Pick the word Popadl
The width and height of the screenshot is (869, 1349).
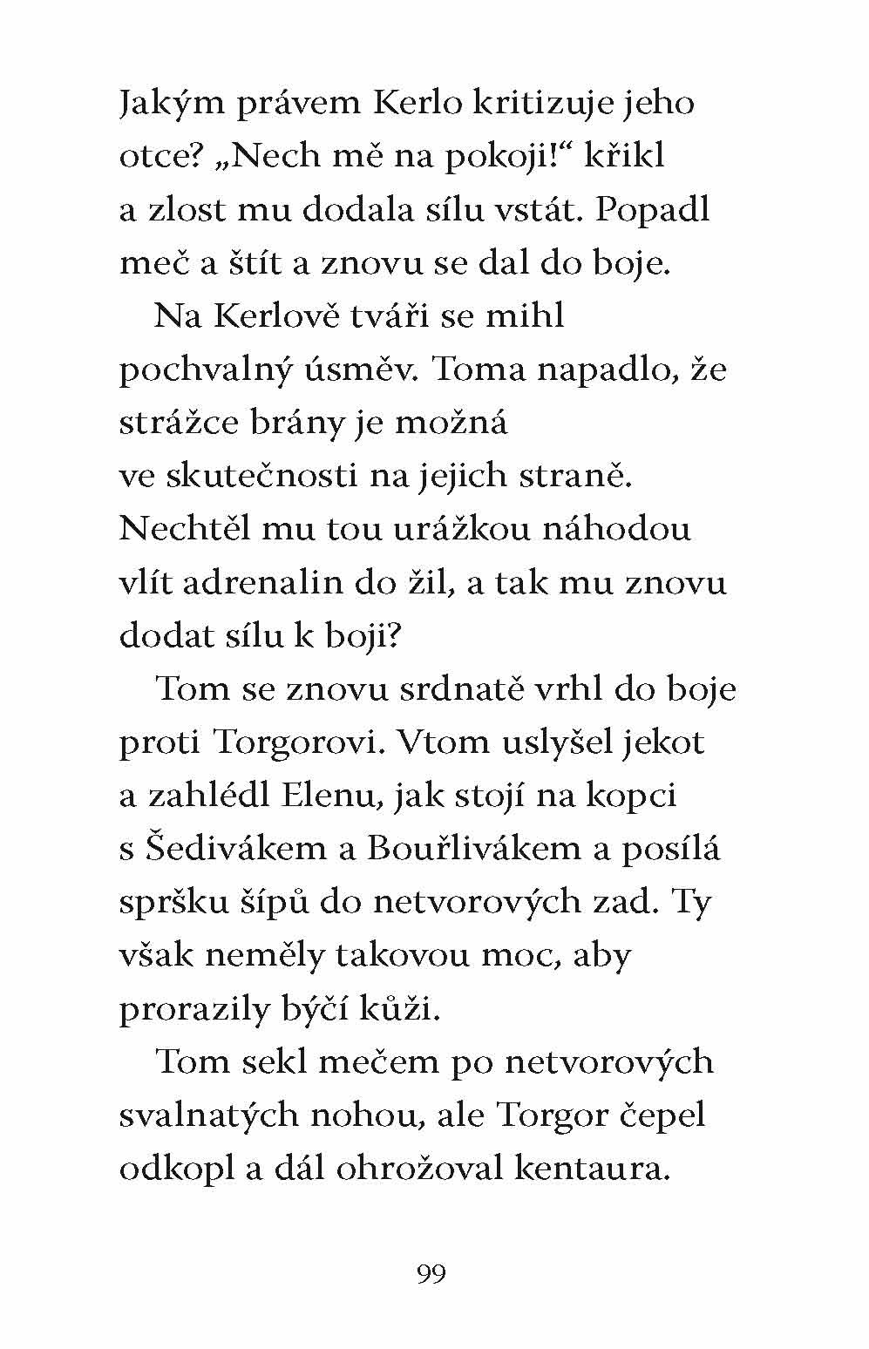pyautogui.click(x=653, y=211)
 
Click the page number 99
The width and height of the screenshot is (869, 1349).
pyautogui.click(x=431, y=1275)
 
